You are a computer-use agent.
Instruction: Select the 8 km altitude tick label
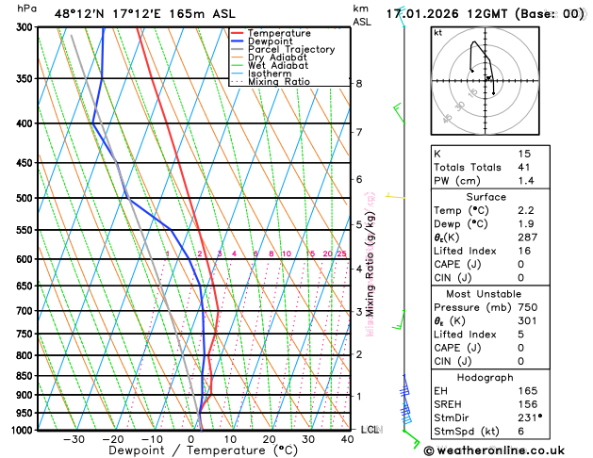[358, 84]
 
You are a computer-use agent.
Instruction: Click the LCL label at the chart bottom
[371, 430]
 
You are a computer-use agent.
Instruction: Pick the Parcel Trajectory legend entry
[291, 49]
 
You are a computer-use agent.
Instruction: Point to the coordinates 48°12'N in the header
[77, 14]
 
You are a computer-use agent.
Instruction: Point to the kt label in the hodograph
[437, 33]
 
